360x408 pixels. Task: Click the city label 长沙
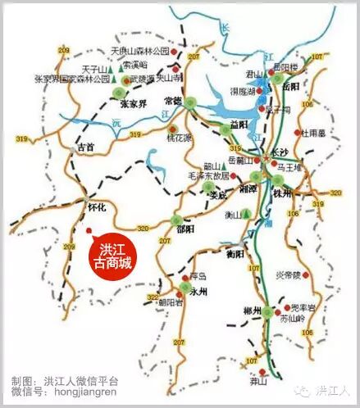[280, 153]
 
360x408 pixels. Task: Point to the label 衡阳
[235, 253]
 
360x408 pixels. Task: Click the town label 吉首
[86, 147]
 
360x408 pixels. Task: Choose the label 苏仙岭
[291, 318]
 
